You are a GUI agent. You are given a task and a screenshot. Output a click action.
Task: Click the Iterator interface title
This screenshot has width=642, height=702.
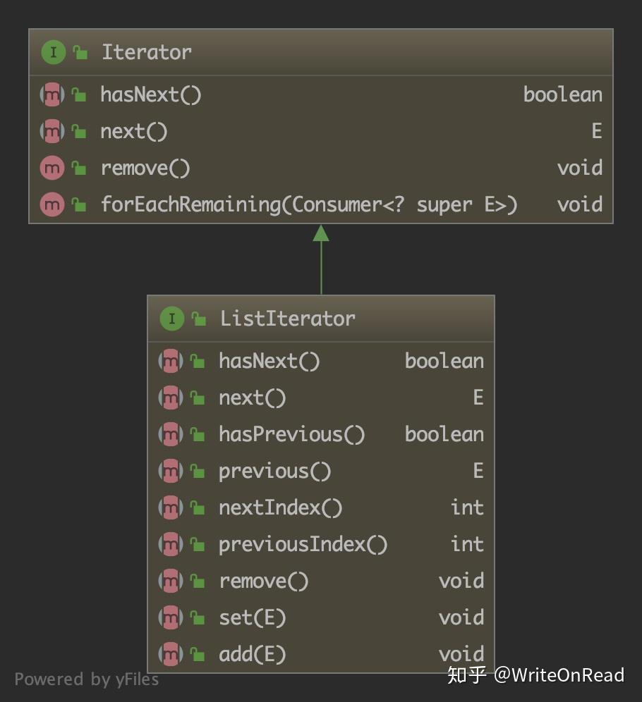point(146,52)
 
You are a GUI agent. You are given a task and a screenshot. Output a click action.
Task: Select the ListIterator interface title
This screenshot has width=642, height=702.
point(287,319)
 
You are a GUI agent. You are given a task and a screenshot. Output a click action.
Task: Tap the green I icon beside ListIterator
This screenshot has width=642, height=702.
point(171,319)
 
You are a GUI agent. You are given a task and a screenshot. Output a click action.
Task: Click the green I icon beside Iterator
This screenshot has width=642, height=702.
point(53,52)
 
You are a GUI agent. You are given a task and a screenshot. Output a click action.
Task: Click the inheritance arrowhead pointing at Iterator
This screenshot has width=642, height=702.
point(321,233)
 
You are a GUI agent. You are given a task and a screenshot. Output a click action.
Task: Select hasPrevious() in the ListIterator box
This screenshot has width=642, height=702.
point(291,434)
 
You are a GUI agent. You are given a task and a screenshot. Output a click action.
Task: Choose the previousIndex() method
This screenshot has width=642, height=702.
point(303,544)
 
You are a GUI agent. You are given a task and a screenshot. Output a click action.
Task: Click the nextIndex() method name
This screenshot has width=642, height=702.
point(280,507)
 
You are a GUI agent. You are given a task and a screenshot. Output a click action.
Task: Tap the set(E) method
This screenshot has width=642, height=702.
point(252,617)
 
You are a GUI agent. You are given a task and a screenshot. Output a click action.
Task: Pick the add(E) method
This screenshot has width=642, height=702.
point(252,654)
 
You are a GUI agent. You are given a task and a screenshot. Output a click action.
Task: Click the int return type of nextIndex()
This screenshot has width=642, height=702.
point(467,507)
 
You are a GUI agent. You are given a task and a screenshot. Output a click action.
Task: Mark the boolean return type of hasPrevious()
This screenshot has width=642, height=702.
point(444,434)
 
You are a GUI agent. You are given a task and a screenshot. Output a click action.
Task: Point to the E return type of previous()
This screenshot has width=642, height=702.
point(478,471)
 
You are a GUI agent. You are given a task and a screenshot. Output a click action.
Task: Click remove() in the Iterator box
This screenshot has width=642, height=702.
point(145,168)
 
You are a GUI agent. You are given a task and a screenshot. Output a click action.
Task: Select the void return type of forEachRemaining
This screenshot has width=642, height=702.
point(579,204)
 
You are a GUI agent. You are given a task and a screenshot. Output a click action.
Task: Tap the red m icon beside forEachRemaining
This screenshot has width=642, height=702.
point(52,204)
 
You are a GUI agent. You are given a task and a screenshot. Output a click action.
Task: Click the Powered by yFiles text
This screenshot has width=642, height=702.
point(86,679)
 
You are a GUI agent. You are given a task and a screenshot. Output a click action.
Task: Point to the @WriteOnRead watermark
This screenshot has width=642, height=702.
point(559,675)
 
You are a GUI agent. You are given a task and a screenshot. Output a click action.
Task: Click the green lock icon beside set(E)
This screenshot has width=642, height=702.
point(198,618)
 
